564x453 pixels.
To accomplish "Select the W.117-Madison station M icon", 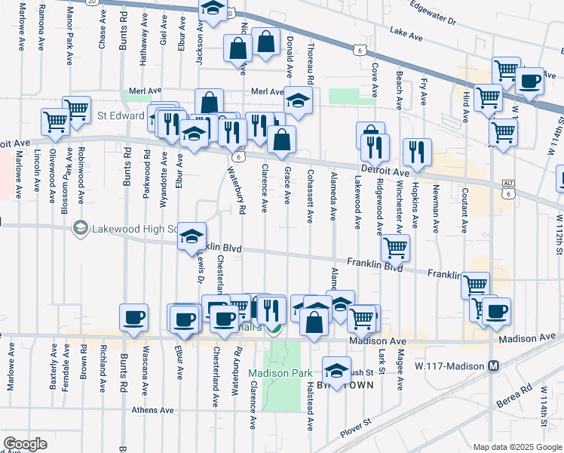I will (x=494, y=366).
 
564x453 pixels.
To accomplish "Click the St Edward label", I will (x=120, y=116).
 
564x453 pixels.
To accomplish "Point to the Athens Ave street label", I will (x=153, y=411).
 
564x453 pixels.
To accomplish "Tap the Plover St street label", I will (x=357, y=427).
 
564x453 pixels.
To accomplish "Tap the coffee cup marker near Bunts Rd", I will (x=134, y=317).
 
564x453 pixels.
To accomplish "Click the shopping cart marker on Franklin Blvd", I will (x=395, y=247).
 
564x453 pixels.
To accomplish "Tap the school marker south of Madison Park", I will (x=336, y=370).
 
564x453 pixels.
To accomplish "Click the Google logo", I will (x=26, y=444).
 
